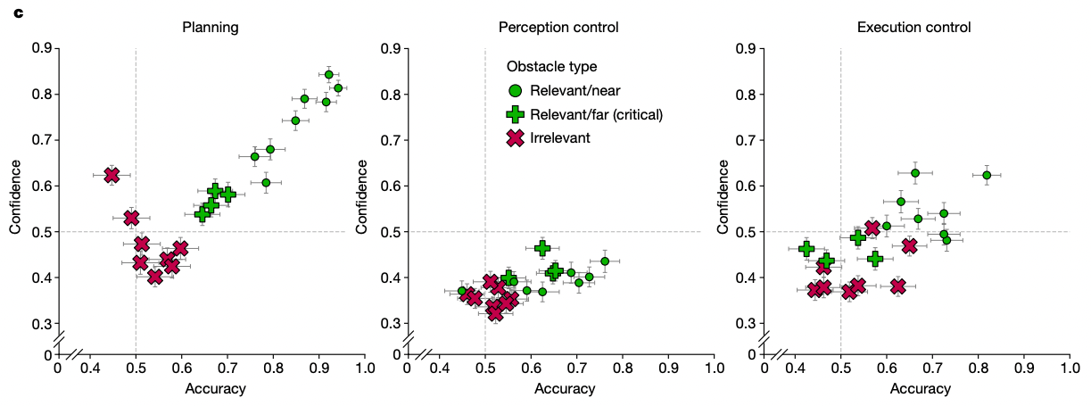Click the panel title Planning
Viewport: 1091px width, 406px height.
[x=211, y=28]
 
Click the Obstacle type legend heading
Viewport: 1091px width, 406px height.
[x=551, y=66]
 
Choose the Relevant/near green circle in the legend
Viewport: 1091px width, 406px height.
[x=515, y=90]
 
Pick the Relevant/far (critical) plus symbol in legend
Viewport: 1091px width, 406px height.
[x=515, y=114]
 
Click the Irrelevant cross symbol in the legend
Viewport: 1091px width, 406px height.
[x=515, y=137]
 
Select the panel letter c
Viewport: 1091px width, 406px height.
[x=17, y=12]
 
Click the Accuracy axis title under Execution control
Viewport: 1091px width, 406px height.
[x=921, y=389]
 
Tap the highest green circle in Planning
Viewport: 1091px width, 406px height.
[x=328, y=75]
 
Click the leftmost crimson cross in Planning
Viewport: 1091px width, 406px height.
[x=112, y=175]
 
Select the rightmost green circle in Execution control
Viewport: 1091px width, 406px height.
[x=987, y=175]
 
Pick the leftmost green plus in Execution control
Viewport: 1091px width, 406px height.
[x=806, y=249]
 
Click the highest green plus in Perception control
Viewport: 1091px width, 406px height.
[x=541, y=248]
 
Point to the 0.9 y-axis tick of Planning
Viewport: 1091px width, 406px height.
[x=40, y=48]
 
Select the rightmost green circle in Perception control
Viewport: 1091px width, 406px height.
[x=605, y=261]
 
